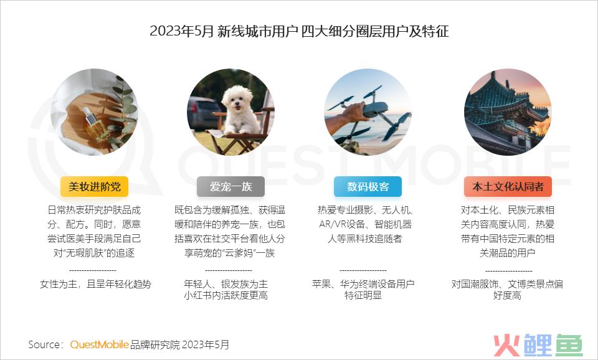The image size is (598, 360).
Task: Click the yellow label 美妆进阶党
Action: point(95,186)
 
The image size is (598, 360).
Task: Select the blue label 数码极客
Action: point(368,186)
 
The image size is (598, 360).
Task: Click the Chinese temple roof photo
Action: point(507,112)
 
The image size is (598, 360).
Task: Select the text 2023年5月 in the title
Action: point(181,31)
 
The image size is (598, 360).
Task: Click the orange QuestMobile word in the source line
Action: point(99,344)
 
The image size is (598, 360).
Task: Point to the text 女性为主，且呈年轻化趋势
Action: point(95,284)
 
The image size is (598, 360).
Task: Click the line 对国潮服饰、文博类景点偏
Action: point(507,284)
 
